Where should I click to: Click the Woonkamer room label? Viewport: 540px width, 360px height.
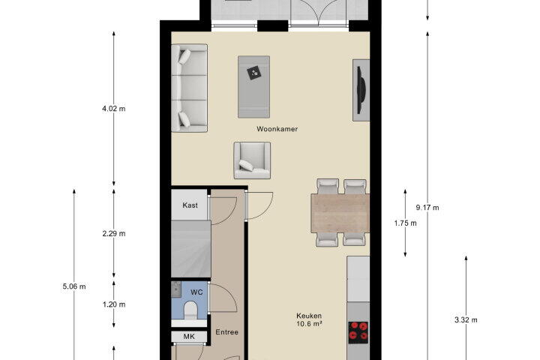277,129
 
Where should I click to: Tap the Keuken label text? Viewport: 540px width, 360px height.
309,316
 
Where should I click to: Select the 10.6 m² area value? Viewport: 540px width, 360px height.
309,324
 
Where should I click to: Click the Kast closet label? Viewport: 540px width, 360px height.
190,205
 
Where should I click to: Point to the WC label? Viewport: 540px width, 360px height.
196,292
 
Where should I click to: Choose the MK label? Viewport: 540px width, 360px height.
189,337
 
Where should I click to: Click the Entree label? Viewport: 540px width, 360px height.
227,332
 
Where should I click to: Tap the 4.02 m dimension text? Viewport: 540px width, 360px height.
114,109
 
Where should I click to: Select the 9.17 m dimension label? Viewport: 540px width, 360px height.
427,208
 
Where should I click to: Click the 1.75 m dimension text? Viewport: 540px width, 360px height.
405,223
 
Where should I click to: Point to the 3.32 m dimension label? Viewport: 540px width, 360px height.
466,319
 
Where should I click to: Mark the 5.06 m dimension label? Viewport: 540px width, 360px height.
74,286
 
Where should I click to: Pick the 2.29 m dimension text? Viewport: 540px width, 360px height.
114,233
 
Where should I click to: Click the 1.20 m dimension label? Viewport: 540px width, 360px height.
114,304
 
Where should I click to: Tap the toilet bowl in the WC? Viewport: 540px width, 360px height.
190,310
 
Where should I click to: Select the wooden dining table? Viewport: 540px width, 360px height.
340,213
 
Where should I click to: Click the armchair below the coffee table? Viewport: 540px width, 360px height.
252,160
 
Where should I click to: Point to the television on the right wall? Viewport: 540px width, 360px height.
361,90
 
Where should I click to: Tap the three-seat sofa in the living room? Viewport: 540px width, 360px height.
190,88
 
